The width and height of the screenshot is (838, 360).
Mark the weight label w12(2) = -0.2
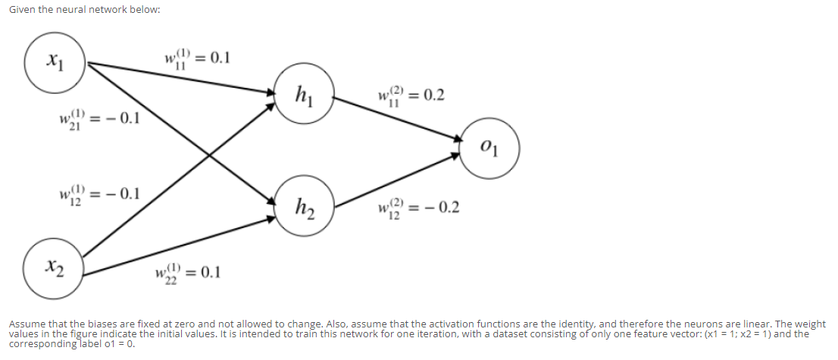[417, 208]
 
